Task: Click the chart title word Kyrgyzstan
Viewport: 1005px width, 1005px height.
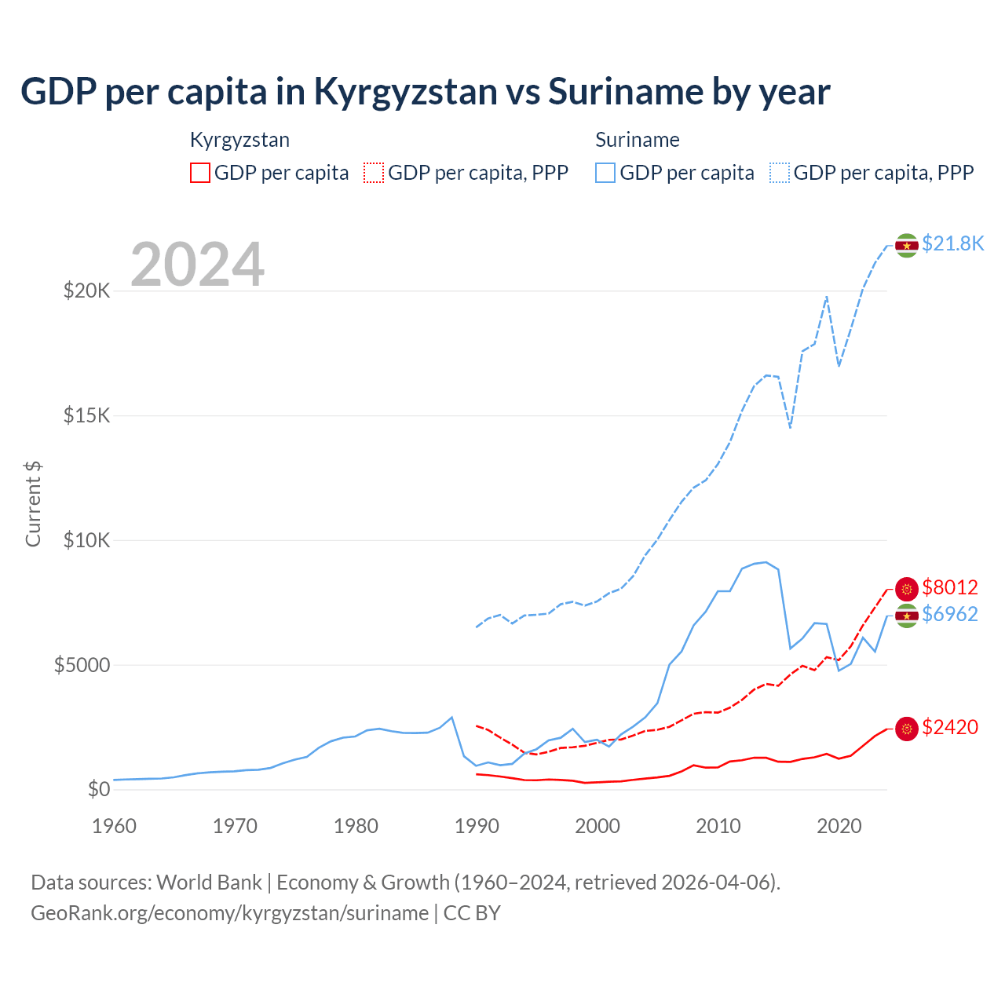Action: (405, 92)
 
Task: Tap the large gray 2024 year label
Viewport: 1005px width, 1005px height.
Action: (197, 265)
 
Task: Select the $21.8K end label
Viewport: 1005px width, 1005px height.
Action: (952, 243)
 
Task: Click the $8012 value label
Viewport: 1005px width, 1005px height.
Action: (950, 587)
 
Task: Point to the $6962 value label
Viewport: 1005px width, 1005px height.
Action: (950, 614)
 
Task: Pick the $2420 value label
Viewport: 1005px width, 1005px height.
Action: (950, 728)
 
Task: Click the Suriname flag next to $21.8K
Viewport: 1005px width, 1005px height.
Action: (907, 246)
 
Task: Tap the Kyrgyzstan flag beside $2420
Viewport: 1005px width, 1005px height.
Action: (907, 729)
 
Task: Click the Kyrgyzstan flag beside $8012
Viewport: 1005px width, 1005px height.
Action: (907, 589)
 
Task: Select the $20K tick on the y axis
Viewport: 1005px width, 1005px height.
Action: (87, 291)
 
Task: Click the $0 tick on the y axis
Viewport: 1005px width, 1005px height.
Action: (98, 790)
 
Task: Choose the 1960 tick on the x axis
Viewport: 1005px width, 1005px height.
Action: (115, 826)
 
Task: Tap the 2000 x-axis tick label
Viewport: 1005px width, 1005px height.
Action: (598, 826)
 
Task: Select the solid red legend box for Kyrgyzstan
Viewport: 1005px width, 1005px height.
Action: (200, 173)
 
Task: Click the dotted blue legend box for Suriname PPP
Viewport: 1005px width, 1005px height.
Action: (780, 173)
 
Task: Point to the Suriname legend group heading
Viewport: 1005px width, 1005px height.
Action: (637, 140)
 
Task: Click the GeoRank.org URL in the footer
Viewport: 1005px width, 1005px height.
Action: (229, 913)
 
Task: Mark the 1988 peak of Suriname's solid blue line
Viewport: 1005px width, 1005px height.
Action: (451, 717)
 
